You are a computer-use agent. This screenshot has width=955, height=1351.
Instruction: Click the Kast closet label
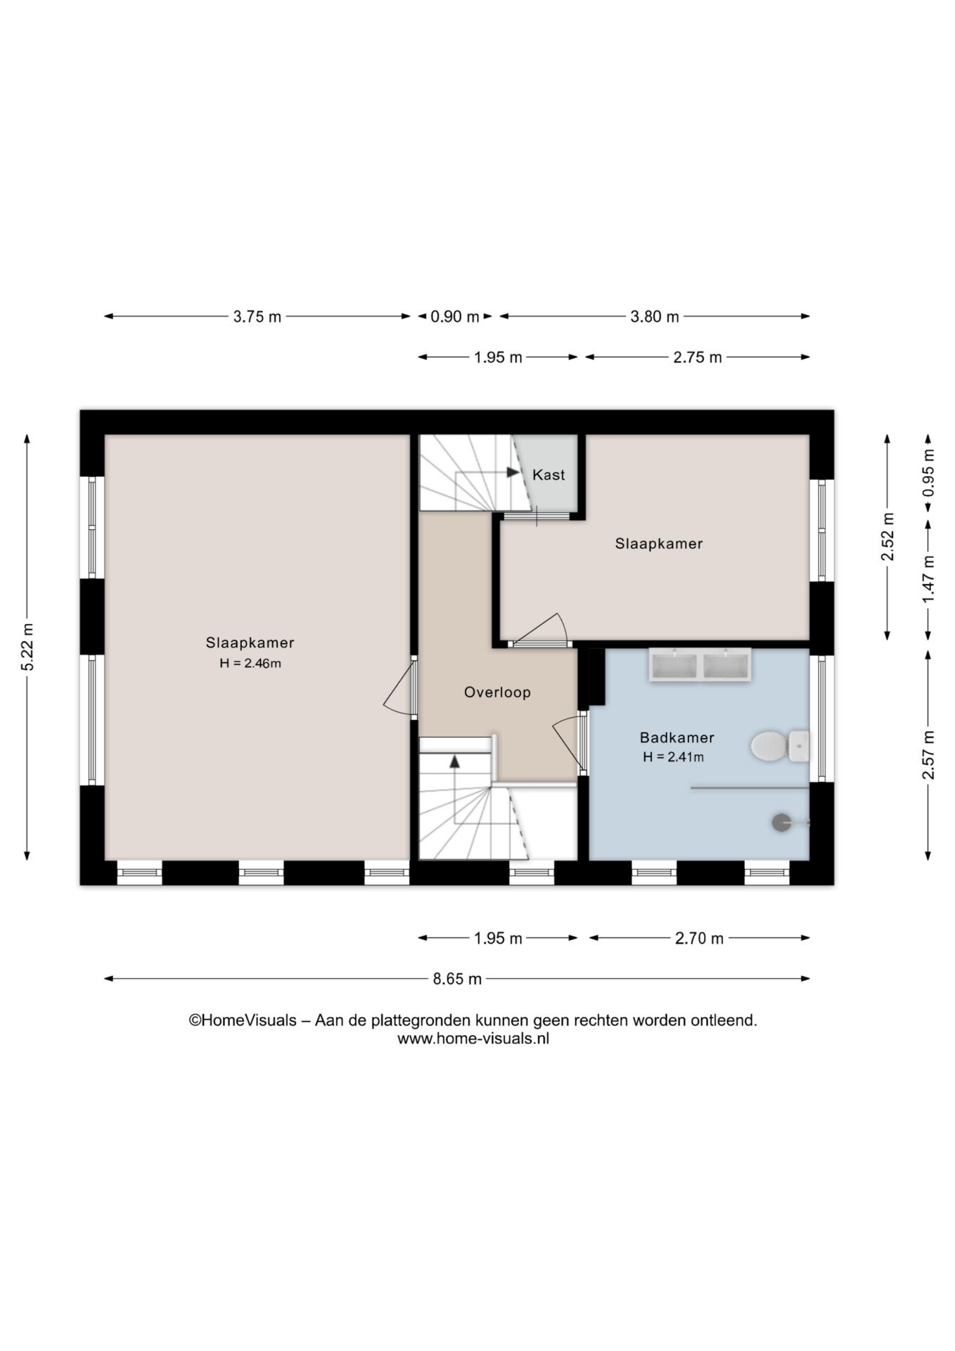click(549, 475)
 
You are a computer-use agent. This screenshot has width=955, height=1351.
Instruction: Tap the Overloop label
click(497, 692)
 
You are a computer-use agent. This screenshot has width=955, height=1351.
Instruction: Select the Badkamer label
click(677, 737)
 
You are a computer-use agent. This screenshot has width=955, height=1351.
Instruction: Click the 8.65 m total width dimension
click(457, 979)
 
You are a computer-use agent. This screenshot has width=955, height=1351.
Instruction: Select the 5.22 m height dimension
click(27, 647)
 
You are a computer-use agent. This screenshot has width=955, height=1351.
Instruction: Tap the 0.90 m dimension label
click(455, 317)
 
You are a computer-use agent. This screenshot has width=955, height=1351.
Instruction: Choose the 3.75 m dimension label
click(257, 317)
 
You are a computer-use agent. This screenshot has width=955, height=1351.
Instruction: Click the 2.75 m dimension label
click(698, 357)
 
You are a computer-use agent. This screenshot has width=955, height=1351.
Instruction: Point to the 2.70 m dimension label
click(699, 938)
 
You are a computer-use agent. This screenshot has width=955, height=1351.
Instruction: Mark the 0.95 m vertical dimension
click(929, 472)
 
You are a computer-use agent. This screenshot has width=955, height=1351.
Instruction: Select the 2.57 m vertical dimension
click(929, 755)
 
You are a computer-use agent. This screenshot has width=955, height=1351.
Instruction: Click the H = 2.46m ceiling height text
click(250, 663)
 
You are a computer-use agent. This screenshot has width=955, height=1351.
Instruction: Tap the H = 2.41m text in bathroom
click(673, 757)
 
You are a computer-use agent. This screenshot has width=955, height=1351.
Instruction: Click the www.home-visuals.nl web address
click(473, 1039)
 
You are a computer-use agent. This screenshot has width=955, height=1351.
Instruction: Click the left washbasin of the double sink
click(674, 666)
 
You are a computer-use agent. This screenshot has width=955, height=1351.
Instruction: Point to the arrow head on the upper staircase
click(513, 472)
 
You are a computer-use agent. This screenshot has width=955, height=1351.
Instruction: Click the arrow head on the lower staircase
click(455, 761)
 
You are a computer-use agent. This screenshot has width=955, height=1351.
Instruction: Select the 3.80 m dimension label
click(655, 317)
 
